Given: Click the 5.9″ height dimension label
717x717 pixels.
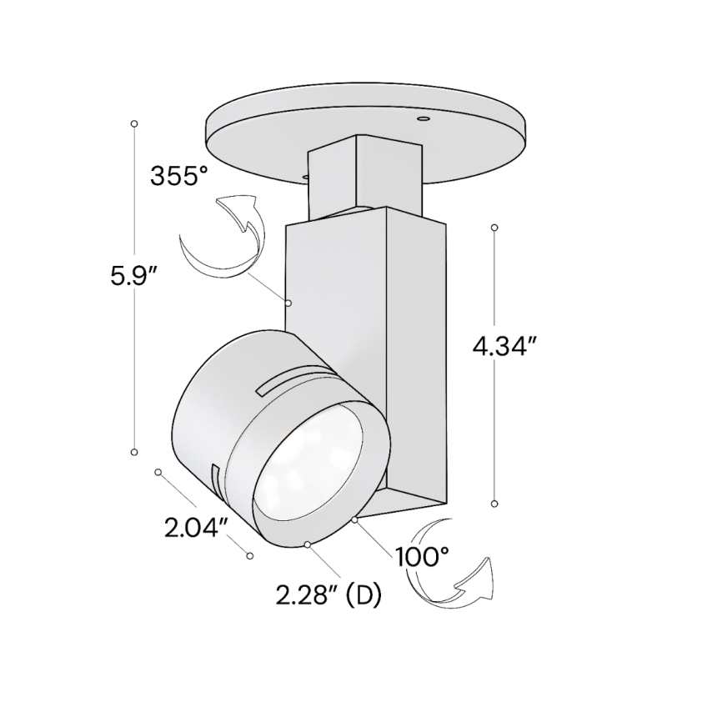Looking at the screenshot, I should [134, 276].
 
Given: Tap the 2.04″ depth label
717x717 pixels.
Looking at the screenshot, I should [197, 527].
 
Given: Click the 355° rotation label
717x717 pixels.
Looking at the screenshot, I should [178, 176].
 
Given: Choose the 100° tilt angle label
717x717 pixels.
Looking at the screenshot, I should [423, 556].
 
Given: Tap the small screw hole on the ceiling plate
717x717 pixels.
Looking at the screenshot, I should [424, 120].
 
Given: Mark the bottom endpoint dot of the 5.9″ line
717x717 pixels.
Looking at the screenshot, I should [134, 451].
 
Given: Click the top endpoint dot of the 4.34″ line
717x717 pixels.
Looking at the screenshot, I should [494, 227].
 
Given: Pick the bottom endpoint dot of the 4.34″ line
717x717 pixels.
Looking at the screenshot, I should [494, 504].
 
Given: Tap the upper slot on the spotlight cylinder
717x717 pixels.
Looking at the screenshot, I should [291, 379].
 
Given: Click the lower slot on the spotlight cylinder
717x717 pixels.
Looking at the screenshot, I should [214, 483].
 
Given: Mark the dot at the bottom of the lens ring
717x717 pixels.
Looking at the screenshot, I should [308, 544].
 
